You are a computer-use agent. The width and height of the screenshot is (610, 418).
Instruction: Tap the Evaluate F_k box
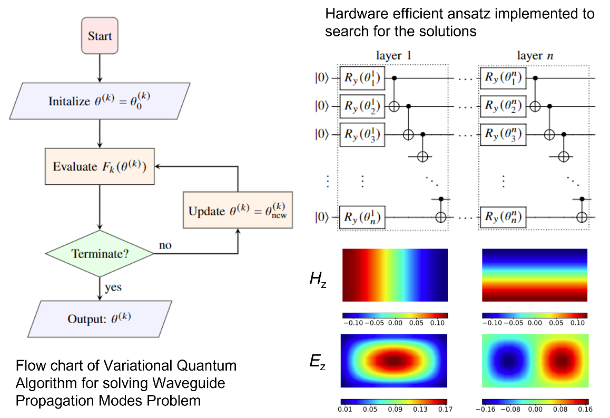tap(100, 166)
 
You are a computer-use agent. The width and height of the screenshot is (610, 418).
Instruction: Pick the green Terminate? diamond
tap(100, 254)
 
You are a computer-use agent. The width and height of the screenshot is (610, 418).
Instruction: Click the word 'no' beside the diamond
tap(165, 245)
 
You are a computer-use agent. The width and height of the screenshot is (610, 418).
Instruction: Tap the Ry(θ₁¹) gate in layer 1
tap(363, 78)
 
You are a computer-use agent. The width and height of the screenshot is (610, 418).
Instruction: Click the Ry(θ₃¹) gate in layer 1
tap(363, 134)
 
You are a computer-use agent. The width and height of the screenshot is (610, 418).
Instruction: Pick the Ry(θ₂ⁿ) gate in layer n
tap(502, 106)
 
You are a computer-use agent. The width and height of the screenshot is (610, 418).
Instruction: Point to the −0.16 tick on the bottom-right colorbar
tap(489, 409)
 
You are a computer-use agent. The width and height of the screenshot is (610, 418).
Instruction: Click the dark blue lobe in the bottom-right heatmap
tap(507, 362)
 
